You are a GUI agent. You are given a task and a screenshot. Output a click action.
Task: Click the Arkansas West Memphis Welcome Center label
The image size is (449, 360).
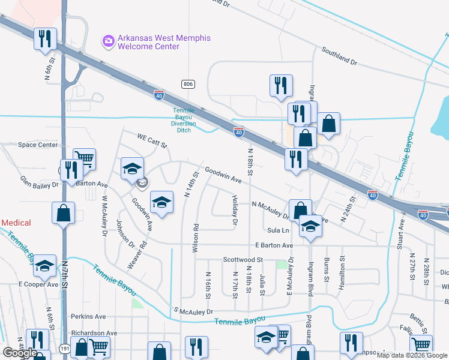tap(164, 42)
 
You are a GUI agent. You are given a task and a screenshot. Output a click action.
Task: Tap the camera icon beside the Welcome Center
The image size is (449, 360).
tap(109, 40)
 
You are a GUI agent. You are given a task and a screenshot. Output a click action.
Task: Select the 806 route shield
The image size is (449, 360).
tap(188, 84)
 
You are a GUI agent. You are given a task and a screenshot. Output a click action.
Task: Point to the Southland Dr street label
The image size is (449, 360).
tap(339, 57)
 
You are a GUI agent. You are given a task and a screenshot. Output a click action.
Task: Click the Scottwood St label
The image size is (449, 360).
tap(243, 260)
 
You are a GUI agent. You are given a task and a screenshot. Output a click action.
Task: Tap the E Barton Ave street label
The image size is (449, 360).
tap(274, 245)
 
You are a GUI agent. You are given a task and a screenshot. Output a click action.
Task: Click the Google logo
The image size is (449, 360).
tap(19, 353)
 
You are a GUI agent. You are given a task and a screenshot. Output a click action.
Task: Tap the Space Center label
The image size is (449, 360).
tap(37, 145)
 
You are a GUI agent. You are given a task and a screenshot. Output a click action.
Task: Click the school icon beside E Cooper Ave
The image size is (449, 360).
tap(44, 266)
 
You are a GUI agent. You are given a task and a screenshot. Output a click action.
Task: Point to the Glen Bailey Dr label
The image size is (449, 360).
tap(39, 182)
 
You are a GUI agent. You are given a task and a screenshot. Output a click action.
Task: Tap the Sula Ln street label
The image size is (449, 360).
tap(278, 230)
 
